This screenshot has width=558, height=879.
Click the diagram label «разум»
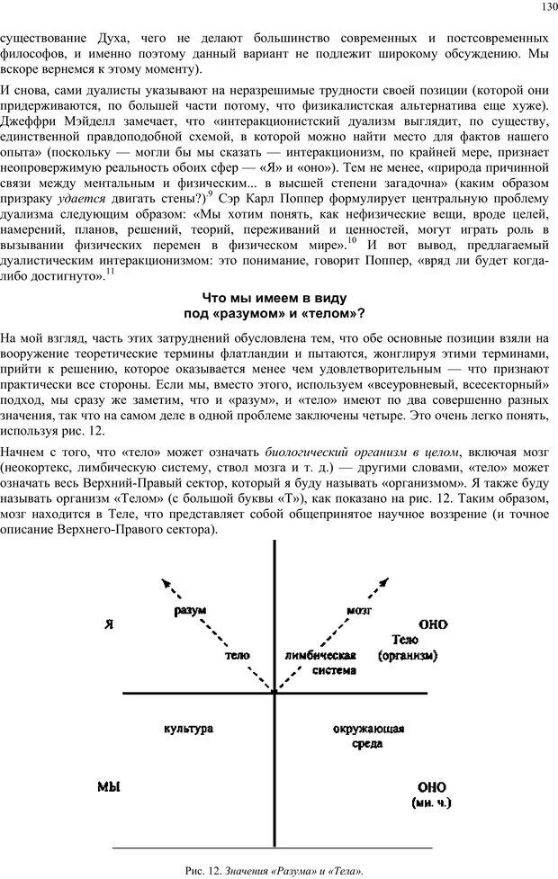click(190, 610)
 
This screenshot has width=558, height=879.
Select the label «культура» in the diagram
click(189, 728)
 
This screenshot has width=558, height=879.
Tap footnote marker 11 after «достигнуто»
click(110, 271)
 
